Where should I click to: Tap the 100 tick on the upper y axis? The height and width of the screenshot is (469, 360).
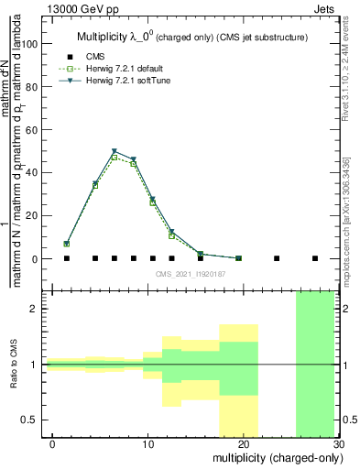(x=36, y=43)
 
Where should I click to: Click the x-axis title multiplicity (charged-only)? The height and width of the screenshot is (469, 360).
(x=273, y=456)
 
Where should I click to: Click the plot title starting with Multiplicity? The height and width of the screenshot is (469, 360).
(x=191, y=37)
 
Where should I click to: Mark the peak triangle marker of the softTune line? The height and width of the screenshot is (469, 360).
(x=115, y=151)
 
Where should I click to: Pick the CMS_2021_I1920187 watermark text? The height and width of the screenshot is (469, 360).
(x=190, y=275)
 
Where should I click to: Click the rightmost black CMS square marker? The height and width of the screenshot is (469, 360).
(x=315, y=258)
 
